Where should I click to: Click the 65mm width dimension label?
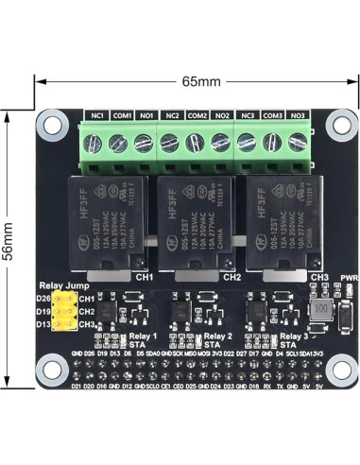coord(200,81)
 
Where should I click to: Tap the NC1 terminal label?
coord(97,116)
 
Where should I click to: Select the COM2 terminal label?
coord(197,116)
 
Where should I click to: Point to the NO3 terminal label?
coord(297,116)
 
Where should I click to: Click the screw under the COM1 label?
coord(118,143)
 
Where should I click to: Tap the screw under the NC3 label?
coord(247,143)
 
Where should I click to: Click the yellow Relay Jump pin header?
coord(66,312)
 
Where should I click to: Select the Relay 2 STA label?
coord(216,340)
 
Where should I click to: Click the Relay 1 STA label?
coord(143,340)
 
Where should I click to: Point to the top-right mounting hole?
coord(336,122)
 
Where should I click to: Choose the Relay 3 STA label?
coord(294,340)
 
